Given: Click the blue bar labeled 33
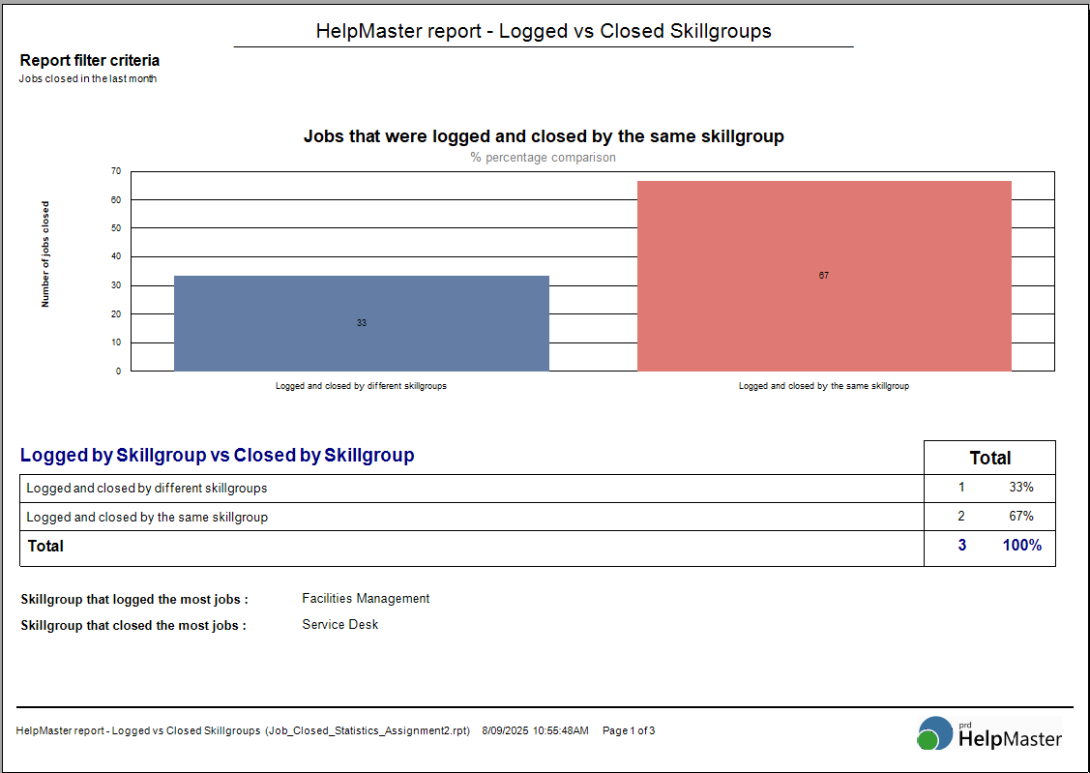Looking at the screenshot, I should point(361,323).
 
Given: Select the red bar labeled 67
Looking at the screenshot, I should point(824,276).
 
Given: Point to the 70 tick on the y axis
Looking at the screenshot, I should point(116,171).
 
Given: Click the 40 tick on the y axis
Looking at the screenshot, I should point(116,256).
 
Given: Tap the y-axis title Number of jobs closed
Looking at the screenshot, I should point(45,254).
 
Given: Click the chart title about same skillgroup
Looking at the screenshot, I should point(544,136).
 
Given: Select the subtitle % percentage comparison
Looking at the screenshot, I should point(543,158).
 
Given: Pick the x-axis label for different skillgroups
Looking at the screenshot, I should point(361,386).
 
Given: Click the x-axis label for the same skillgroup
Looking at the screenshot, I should point(824,386).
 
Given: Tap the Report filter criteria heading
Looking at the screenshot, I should point(89,61).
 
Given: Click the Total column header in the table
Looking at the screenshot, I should point(989,458).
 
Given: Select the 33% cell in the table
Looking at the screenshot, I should point(1021,488).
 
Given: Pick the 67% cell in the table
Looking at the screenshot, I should point(1021,517).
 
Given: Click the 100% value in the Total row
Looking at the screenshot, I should point(1021,546).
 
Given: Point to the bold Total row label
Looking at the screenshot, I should point(45,547).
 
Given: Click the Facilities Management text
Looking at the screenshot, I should point(366,599).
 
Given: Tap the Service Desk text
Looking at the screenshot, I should point(339,625).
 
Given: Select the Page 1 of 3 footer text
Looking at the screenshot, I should point(629,730).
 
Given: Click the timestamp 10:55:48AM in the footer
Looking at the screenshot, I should point(560,730).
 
